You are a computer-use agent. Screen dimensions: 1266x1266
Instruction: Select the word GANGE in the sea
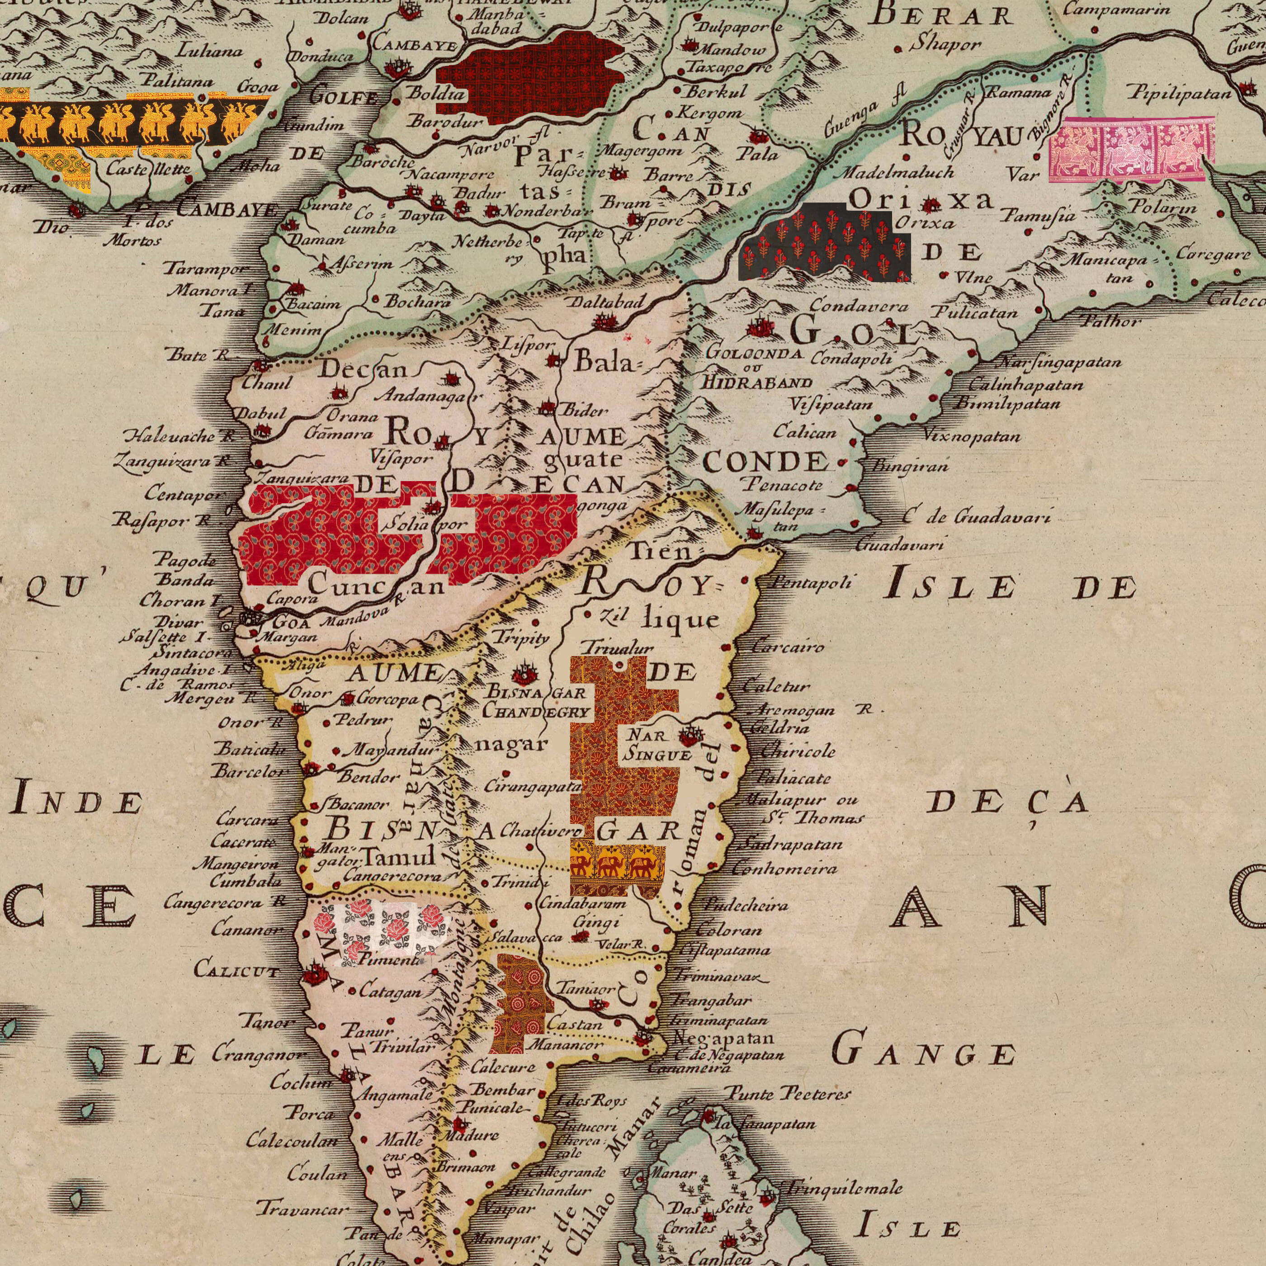[924, 1053]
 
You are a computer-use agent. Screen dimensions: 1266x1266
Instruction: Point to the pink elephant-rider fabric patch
[1132, 149]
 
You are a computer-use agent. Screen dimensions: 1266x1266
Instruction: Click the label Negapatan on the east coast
[724, 1038]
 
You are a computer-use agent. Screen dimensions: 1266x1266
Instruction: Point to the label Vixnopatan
[973, 435]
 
